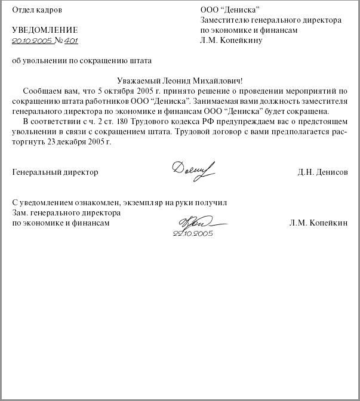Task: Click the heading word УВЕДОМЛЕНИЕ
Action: (x=45, y=30)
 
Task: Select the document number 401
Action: (x=71, y=41)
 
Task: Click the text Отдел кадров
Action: (x=36, y=10)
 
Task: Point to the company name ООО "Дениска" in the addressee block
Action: (x=230, y=10)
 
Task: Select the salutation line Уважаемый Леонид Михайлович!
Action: (x=179, y=81)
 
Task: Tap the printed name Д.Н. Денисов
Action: (x=322, y=172)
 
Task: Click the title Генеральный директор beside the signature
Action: (x=55, y=172)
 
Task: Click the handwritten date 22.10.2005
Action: (x=193, y=233)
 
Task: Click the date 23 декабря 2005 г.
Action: (x=79, y=142)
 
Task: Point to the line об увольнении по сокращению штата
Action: (x=82, y=60)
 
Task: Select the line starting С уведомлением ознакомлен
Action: (x=119, y=203)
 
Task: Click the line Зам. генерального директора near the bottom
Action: (x=66, y=213)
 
